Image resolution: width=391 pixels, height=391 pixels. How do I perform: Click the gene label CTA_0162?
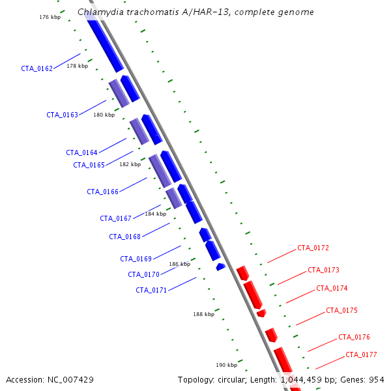click(37, 68)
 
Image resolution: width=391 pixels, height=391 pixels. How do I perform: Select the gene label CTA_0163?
click(63, 115)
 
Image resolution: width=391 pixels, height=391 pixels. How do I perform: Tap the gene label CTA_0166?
click(102, 192)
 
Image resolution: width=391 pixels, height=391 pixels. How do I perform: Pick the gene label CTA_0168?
click(124, 237)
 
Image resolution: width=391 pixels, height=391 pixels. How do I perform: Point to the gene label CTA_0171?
click(151, 290)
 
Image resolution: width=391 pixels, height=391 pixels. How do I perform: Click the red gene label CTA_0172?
click(313, 248)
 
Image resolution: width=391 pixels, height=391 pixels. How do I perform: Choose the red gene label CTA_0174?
click(332, 288)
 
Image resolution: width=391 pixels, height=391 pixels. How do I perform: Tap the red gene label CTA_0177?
click(361, 355)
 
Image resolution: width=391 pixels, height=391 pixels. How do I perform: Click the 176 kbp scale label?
click(50, 17)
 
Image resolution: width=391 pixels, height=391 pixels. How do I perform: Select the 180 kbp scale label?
click(104, 115)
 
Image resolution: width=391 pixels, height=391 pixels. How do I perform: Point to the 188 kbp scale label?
click(204, 314)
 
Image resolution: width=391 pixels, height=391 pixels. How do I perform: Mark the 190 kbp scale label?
click(226, 365)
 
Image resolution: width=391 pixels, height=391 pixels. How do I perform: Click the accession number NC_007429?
click(70, 380)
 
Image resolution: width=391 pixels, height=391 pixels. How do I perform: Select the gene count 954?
click(377, 380)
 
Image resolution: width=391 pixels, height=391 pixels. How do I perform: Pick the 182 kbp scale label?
click(130, 164)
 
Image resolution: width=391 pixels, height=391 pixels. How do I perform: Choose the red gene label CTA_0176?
click(354, 337)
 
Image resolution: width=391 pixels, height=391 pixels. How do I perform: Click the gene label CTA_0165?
click(89, 165)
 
